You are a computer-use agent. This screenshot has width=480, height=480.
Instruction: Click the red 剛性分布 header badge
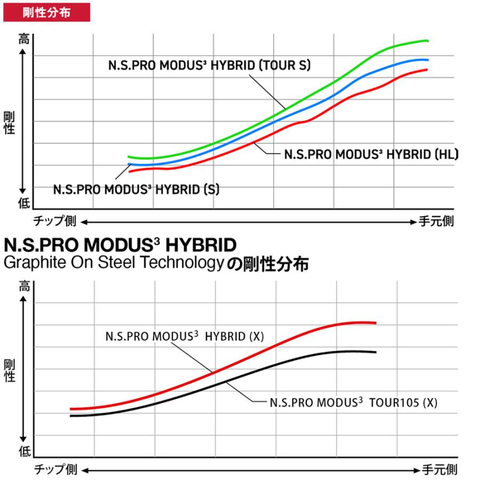46,11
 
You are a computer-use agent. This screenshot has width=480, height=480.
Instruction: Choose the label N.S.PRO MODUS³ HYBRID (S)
136,189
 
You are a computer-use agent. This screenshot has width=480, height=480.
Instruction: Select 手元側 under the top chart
436,221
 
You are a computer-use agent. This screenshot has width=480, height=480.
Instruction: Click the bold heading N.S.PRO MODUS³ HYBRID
120,246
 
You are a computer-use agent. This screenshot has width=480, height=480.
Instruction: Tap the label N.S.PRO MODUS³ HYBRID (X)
185,337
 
